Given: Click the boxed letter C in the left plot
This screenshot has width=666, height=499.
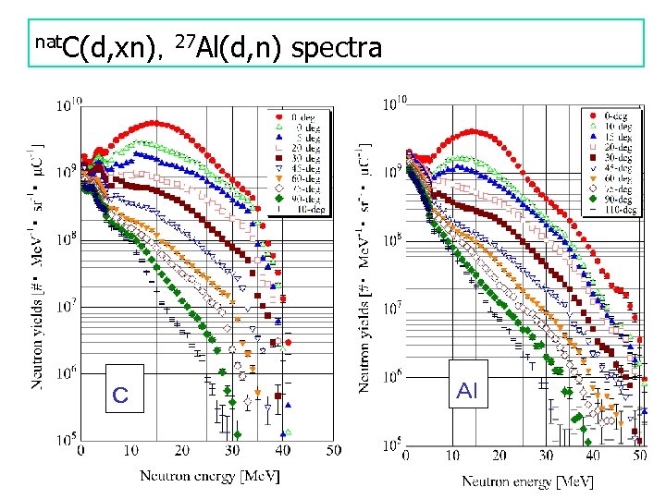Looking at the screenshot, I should pos(120,395).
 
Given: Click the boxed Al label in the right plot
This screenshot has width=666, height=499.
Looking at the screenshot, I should pos(466,391).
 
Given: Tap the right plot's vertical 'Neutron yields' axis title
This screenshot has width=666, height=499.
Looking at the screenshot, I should pos(366,268).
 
